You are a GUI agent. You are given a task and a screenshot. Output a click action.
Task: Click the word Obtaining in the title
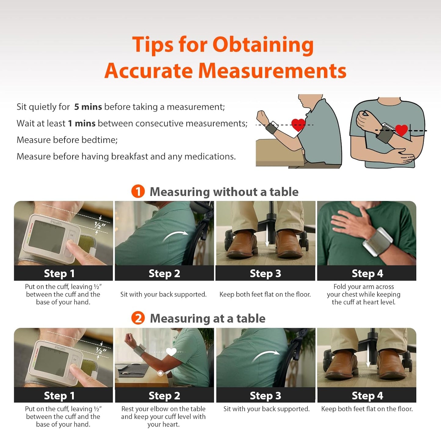click(263, 45)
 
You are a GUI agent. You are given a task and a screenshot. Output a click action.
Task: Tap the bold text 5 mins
click(88, 107)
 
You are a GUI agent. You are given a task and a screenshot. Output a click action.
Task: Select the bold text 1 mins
click(81, 123)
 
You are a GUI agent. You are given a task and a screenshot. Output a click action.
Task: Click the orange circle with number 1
click(138, 191)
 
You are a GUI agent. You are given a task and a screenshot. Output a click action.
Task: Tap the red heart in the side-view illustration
click(298, 125)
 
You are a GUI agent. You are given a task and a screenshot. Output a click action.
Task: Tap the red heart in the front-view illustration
click(401, 130)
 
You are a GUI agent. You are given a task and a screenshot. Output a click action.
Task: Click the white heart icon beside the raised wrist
click(171, 352)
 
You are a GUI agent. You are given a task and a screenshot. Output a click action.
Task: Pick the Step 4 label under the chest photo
click(367, 273)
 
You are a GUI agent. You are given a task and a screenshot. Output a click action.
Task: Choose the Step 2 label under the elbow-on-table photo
click(164, 396)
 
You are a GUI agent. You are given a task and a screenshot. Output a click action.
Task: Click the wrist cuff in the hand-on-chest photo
click(378, 242)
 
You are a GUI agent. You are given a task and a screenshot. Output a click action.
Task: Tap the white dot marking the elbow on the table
click(161, 373)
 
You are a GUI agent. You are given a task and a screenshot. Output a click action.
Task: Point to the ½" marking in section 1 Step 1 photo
click(100, 225)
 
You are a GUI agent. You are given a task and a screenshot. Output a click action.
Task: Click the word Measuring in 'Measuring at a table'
click(180, 318)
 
